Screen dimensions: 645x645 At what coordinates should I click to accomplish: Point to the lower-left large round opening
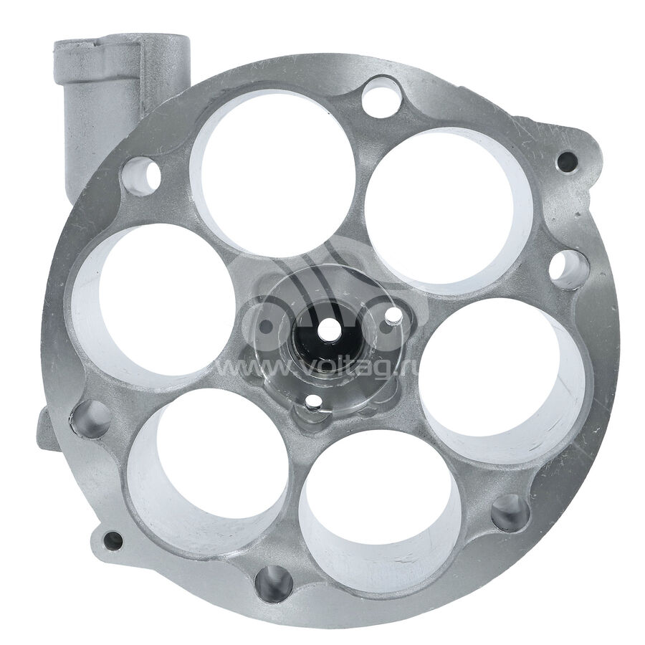pyautogui.click(x=209, y=470)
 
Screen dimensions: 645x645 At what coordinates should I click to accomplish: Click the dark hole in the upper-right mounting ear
pyautogui.click(x=568, y=161)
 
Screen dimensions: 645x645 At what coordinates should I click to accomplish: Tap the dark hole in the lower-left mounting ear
pyautogui.click(x=113, y=540)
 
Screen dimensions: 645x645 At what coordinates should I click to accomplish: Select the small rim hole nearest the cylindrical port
pyautogui.click(x=141, y=176)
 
